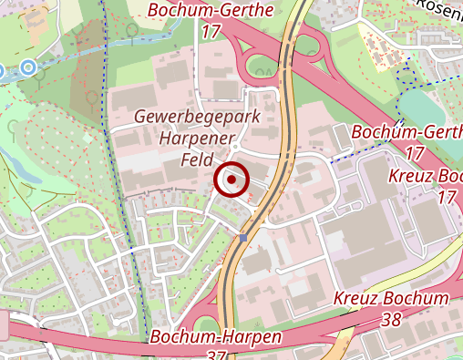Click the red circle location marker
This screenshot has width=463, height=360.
tap(232, 180)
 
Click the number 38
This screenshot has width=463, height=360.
tap(391, 319)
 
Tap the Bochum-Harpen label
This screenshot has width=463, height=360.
tap(216, 336)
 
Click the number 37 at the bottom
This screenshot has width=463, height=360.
tap(216, 354)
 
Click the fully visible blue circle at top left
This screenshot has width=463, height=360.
tap(29, 67)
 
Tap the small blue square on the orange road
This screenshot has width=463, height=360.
tap(244, 238)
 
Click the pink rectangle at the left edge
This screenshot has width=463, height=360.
tap(4, 325)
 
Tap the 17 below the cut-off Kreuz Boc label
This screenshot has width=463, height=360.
tap(447, 197)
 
